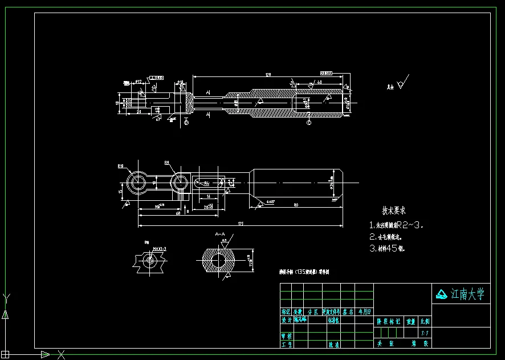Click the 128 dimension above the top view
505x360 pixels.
(x=268, y=75)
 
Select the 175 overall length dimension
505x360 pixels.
(x=241, y=224)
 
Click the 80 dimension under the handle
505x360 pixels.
(x=296, y=204)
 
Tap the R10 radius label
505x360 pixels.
(x=121, y=167)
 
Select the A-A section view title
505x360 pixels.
(x=220, y=234)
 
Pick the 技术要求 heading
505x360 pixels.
(x=394, y=211)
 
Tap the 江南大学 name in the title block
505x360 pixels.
(x=467, y=294)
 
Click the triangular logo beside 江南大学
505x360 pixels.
(x=442, y=294)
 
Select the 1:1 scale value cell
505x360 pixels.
(x=425, y=333)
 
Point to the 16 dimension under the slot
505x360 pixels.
(x=209, y=196)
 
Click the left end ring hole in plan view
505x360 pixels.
(x=137, y=182)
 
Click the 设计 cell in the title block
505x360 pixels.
(x=286, y=320)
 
